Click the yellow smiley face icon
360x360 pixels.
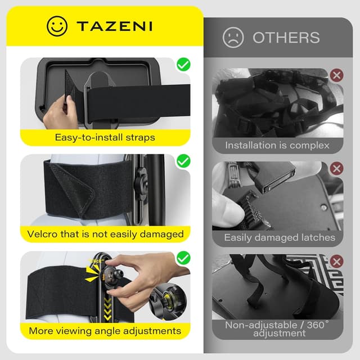(x=57, y=26)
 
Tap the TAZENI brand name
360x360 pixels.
(x=114, y=26)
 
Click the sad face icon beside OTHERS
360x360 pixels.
(x=233, y=38)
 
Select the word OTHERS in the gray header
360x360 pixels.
(x=286, y=38)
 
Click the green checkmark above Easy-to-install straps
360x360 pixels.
(x=183, y=65)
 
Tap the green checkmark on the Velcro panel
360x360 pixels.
(x=183, y=161)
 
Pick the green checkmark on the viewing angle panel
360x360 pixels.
(x=183, y=258)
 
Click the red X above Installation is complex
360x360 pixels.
(x=336, y=75)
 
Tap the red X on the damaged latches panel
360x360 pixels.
(x=336, y=169)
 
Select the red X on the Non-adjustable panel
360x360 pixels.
(x=336, y=262)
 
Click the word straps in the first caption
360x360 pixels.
(x=140, y=138)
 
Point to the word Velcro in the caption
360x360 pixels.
(x=42, y=234)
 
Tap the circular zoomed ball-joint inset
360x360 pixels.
(x=168, y=301)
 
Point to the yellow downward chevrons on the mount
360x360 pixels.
(x=107, y=308)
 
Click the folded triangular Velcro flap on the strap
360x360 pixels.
(x=73, y=188)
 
